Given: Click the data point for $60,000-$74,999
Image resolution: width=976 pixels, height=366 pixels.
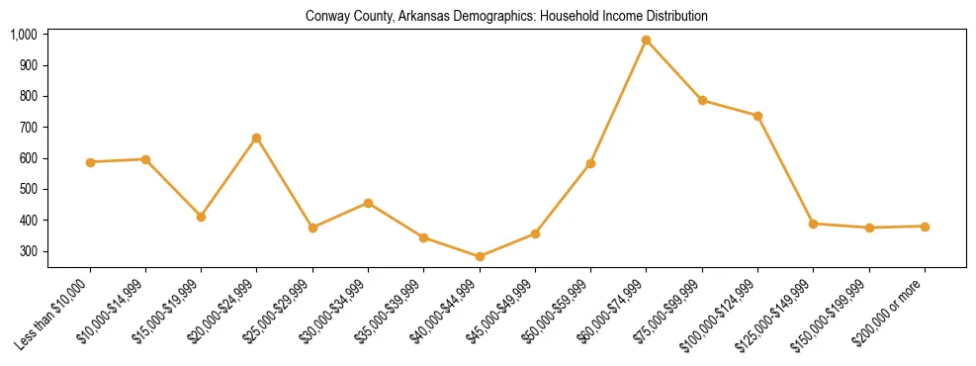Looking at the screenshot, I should click(x=647, y=41).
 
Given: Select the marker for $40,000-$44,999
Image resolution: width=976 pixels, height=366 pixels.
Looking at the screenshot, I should click(x=480, y=257).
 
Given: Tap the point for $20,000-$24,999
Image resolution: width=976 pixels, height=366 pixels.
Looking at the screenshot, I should click(x=257, y=138).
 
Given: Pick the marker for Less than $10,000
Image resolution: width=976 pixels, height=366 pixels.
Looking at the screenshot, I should click(x=90, y=162).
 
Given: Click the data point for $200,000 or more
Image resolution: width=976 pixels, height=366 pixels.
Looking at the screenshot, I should click(x=925, y=227).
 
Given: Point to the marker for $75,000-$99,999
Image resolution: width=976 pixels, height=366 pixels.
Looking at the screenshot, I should click(x=702, y=100).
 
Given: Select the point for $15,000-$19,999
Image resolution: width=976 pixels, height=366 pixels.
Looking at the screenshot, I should click(x=202, y=217).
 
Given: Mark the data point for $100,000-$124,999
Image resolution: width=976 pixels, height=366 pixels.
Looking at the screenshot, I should click(x=757, y=116).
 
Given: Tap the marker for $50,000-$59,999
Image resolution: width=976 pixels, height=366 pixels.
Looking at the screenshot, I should click(x=590, y=163).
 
